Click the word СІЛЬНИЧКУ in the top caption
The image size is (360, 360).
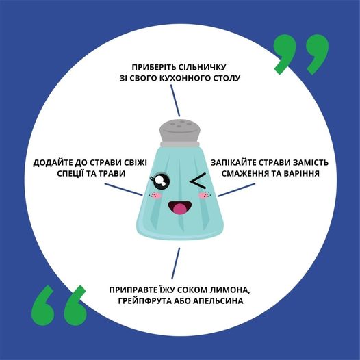tap(203, 67)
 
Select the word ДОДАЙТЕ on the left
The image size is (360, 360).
tap(53, 163)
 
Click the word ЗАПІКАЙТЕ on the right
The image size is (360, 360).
tap(233, 163)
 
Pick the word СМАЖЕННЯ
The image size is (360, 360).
tap(244, 173)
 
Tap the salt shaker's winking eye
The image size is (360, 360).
tap(198, 180)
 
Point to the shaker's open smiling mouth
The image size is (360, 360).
tap(179, 207)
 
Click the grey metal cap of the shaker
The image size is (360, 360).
tap(180, 133)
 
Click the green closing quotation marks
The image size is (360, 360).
tap(300, 54)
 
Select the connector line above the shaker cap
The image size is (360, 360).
tap(175, 101)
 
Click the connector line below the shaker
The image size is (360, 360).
tap(176, 263)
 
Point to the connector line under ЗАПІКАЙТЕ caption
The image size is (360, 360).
tap(237, 190)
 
